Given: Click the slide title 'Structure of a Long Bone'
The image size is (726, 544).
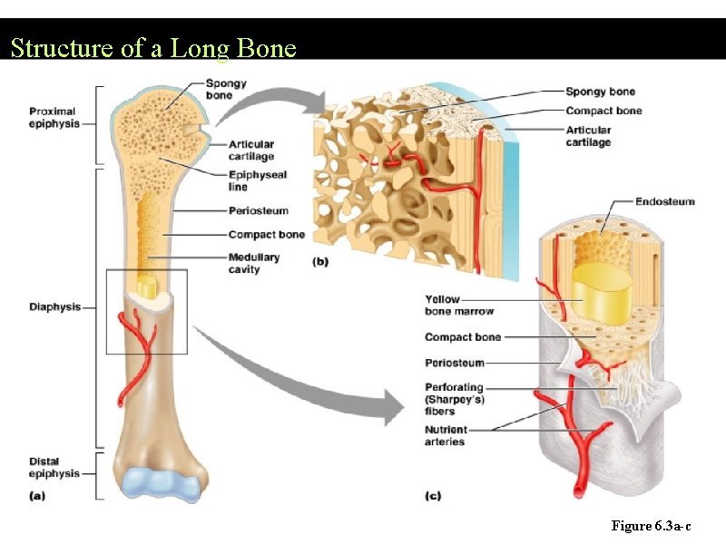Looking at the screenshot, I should [x=153, y=47].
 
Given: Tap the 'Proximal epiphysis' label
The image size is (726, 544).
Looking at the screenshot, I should [x=54, y=118].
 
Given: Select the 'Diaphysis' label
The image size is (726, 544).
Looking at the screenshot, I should [x=54, y=307].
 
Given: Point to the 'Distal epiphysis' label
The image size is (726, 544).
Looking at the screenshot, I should [x=54, y=468].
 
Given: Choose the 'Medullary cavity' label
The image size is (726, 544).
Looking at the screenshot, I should [x=254, y=263].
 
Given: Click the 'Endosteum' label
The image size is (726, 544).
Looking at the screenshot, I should [x=664, y=201].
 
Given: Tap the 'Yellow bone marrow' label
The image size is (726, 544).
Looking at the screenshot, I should [x=459, y=306].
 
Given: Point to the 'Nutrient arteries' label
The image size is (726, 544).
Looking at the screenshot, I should [x=446, y=435].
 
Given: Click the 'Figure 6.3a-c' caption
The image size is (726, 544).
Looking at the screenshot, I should [x=651, y=526].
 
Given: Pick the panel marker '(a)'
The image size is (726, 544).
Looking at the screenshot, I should [x=37, y=495].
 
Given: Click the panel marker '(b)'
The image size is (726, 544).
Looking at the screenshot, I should [x=321, y=262].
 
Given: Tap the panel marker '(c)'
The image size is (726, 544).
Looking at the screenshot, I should [x=434, y=496].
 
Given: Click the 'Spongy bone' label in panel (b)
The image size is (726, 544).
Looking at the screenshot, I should [x=600, y=92].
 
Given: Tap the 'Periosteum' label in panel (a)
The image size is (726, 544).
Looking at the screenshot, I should [x=258, y=211].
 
